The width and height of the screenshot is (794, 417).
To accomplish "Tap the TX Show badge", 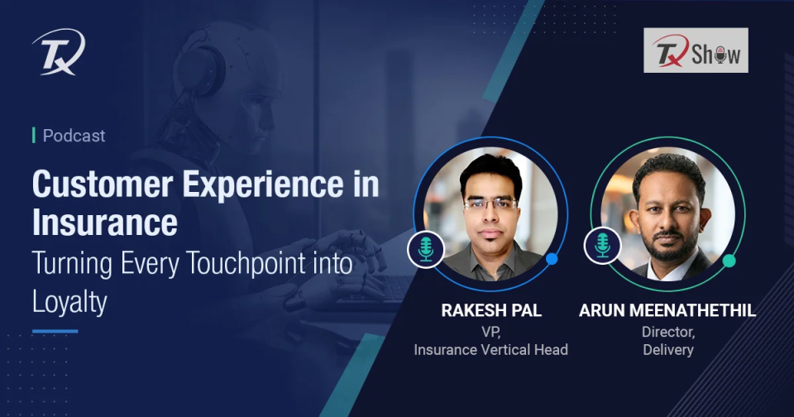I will point(696,50).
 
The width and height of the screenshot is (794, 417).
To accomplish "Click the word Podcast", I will point(74,136).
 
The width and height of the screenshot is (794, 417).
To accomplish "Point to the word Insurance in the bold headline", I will point(104,223).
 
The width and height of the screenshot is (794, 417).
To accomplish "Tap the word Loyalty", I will point(69,302).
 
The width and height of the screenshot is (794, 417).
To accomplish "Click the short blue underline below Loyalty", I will point(55,331).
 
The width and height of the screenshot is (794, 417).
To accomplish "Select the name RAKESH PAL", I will point(490,311).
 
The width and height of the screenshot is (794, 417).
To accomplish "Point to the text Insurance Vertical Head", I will point(490,349).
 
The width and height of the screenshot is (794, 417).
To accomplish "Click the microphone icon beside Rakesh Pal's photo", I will point(426,249).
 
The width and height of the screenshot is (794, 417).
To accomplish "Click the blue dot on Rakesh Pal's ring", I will point(552,259).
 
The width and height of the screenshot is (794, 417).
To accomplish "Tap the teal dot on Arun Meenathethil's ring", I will point(729,261).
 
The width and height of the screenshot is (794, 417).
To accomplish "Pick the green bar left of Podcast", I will point(34,136).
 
